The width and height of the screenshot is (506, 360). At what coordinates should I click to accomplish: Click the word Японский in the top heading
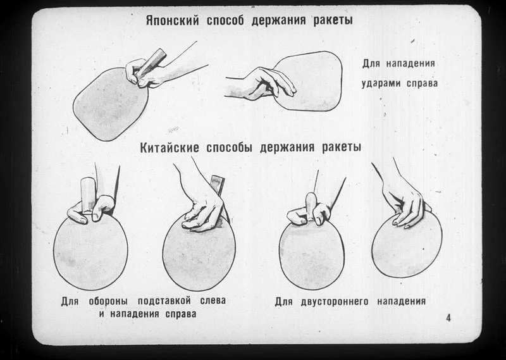tap(172, 20)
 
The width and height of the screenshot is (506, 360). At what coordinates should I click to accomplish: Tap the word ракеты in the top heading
tap(333, 20)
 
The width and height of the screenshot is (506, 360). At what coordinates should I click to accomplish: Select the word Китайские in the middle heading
tap(170, 148)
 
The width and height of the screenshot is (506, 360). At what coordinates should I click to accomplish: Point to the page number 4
tap(448, 318)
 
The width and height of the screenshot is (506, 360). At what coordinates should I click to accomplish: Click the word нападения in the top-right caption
tap(410, 63)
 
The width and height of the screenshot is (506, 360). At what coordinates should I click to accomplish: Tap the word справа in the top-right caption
tap(422, 84)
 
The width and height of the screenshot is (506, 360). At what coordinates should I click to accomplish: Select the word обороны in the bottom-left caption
tap(108, 301)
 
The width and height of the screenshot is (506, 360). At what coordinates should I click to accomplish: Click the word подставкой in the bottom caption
tap(164, 301)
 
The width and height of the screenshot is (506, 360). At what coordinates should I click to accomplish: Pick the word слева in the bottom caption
tap(213, 301)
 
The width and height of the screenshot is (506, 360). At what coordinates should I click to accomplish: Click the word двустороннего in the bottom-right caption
tap(335, 302)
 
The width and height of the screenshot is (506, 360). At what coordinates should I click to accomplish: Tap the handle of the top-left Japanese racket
tap(151, 63)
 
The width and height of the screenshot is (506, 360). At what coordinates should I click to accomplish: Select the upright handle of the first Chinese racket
tap(87, 194)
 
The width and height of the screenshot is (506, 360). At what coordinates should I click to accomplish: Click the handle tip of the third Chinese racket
tap(310, 196)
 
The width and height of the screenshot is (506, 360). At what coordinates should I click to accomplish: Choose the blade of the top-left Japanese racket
tap(110, 104)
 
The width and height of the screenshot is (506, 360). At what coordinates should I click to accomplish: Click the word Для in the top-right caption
tap(371, 63)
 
